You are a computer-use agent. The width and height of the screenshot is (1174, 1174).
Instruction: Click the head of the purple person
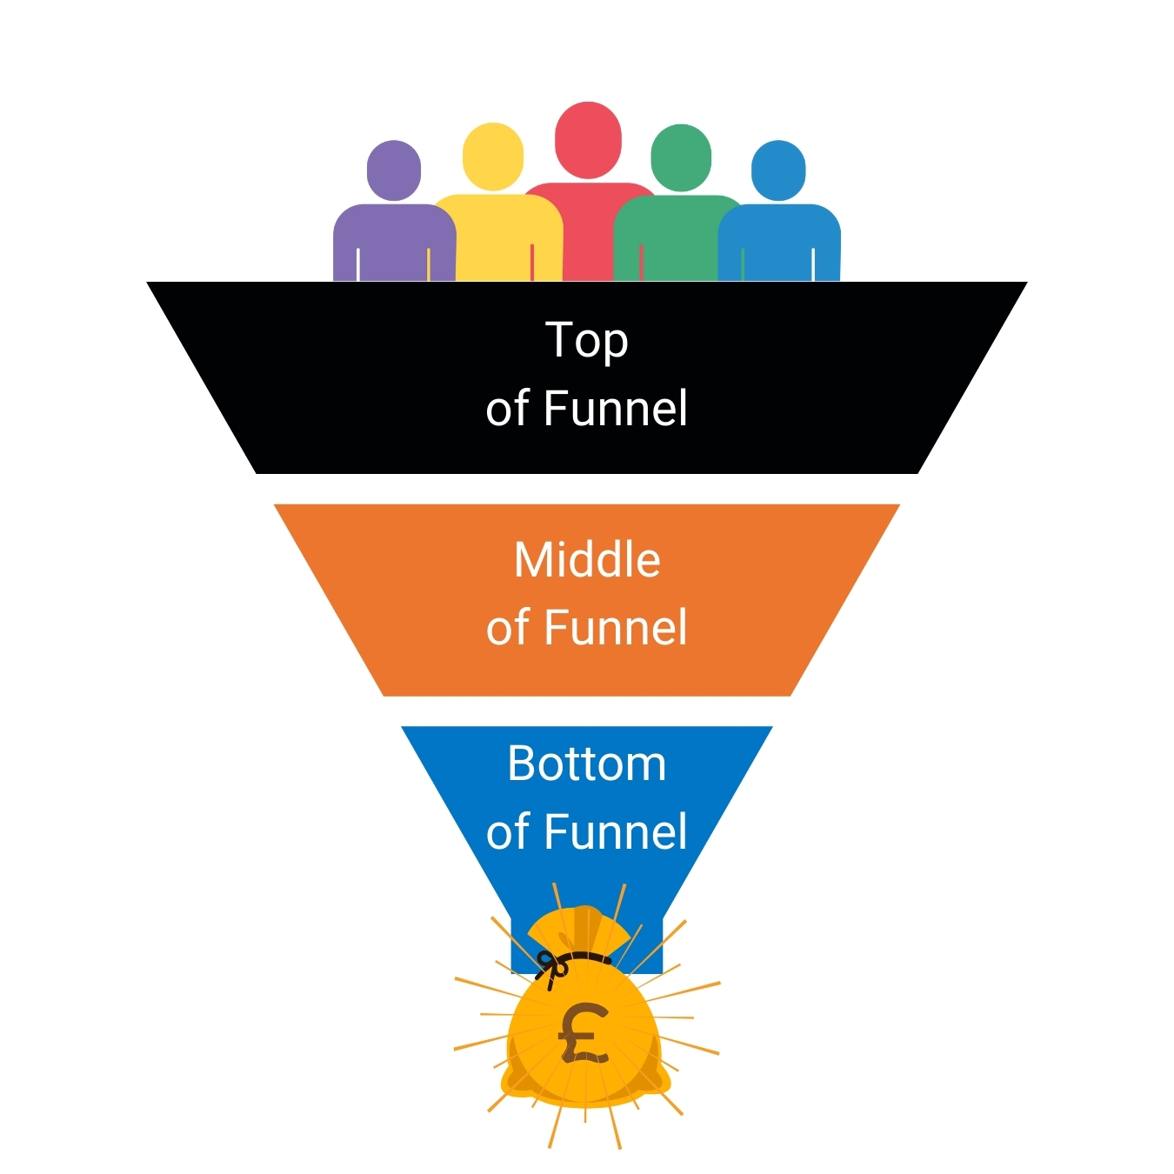point(394,170)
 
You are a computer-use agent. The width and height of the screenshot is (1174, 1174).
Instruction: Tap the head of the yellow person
point(493,157)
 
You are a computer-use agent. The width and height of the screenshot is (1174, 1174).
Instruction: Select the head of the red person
point(588,139)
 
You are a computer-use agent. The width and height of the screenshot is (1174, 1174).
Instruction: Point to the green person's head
point(681,157)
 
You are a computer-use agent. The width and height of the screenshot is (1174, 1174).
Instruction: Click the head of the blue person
point(778,170)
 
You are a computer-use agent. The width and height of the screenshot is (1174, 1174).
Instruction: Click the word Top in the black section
point(587,341)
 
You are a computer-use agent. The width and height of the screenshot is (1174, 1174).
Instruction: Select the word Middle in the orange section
point(587,560)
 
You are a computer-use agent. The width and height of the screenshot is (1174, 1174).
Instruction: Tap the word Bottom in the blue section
point(587,764)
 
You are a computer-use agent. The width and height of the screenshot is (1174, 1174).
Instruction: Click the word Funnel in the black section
point(616,409)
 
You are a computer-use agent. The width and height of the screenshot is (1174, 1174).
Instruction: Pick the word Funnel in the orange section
point(616,628)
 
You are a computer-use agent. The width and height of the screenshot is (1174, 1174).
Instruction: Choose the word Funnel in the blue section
point(616,831)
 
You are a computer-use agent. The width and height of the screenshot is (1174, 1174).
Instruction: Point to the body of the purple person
point(394,243)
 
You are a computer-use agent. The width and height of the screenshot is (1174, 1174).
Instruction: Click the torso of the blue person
point(779,243)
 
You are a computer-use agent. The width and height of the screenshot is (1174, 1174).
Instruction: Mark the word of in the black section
point(508,409)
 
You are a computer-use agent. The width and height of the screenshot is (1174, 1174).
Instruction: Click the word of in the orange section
point(508,628)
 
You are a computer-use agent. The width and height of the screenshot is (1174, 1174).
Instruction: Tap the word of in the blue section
point(508,831)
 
